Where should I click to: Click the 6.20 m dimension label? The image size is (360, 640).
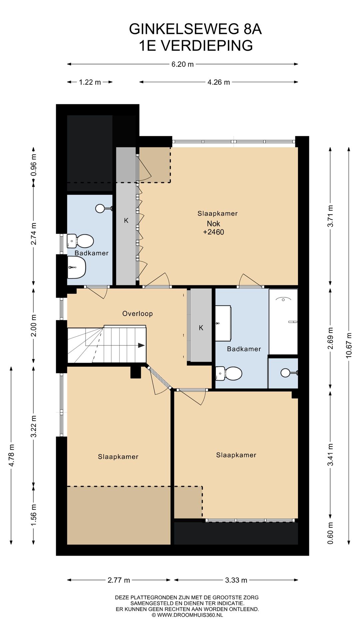click(182, 64)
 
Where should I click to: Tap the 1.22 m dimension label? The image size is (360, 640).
click(90, 82)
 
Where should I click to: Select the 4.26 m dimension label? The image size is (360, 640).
click(219, 82)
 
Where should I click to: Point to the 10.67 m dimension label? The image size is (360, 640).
click(349, 345)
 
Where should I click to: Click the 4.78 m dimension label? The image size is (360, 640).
click(11, 455)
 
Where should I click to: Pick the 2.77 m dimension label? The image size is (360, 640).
click(119, 580)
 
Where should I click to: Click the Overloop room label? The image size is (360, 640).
click(137, 313)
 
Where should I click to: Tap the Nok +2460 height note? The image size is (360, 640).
click(214, 228)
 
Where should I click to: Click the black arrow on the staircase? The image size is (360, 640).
click(141, 345)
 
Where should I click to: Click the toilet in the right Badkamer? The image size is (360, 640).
click(228, 373)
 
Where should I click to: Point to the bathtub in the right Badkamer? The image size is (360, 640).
click(283, 322)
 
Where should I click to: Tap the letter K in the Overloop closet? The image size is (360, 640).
click(201, 328)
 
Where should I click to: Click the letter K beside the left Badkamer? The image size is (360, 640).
click(126, 220)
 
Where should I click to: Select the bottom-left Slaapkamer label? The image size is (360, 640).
click(118, 457)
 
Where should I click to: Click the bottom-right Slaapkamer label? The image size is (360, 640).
click(236, 455)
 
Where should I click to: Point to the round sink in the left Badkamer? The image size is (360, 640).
click(100, 209)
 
